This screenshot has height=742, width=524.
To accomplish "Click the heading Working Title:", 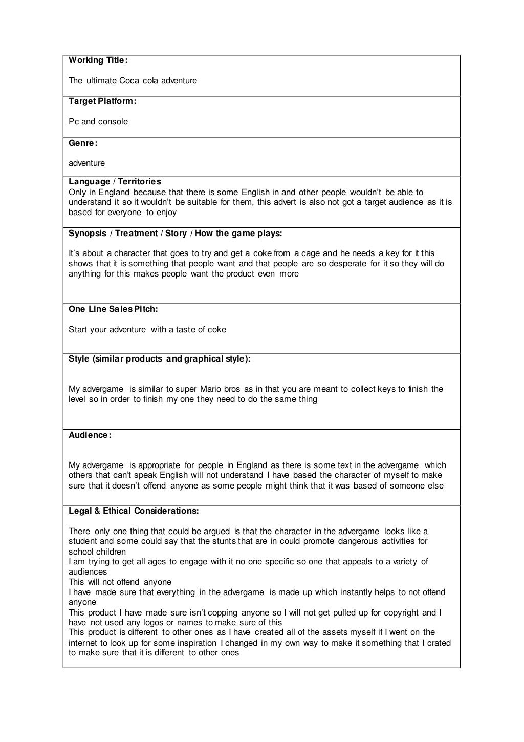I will (98, 60).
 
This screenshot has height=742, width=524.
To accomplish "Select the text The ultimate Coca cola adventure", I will (133, 81).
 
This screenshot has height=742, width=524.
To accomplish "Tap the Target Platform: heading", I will (102, 101).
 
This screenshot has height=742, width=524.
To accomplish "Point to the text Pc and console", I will (98, 122).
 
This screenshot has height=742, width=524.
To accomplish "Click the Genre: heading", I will (83, 143).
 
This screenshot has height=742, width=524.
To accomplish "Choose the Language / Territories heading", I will (115, 182).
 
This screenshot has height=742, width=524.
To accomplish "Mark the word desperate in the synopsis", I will (341, 264).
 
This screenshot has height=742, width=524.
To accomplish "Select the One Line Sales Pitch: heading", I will (113, 309).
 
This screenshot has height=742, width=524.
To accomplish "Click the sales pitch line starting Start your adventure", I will (147, 330).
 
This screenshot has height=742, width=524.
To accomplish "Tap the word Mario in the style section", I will (210, 389).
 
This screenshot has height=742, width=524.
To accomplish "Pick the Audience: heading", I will (90, 435).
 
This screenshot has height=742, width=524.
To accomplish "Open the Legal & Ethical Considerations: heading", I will (134, 511).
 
